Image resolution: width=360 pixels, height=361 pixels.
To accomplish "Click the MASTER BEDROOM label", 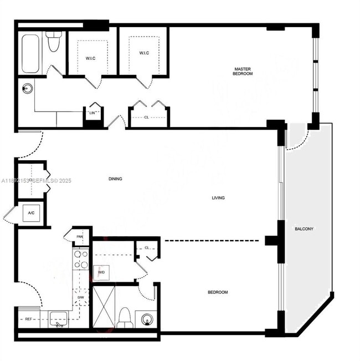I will [x=243, y=71].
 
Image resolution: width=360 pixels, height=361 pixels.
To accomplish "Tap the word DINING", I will [x=115, y=179].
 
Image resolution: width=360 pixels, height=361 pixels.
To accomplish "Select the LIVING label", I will [x=218, y=198].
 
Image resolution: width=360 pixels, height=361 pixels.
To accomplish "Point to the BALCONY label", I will [x=304, y=228].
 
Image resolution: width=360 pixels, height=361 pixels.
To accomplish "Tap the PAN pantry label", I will [x=80, y=237].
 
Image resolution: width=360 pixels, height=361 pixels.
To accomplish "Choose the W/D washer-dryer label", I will [x=101, y=272].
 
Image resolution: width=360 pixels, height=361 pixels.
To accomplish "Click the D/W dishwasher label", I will [x=80, y=298].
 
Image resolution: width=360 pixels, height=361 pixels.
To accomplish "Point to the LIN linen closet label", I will [x=93, y=113].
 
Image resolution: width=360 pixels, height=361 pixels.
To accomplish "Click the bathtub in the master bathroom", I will [x=30, y=54].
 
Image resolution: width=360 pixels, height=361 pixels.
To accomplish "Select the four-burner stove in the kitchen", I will [x=81, y=260].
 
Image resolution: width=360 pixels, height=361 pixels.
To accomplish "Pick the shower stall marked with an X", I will [x=104, y=305].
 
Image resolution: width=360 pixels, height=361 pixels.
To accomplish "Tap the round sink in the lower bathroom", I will [x=146, y=319].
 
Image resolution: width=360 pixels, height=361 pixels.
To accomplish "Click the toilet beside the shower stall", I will [x=125, y=318].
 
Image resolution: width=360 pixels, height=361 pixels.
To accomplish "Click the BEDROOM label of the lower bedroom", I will [x=218, y=292].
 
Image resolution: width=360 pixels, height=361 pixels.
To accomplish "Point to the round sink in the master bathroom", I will [x=26, y=88].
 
